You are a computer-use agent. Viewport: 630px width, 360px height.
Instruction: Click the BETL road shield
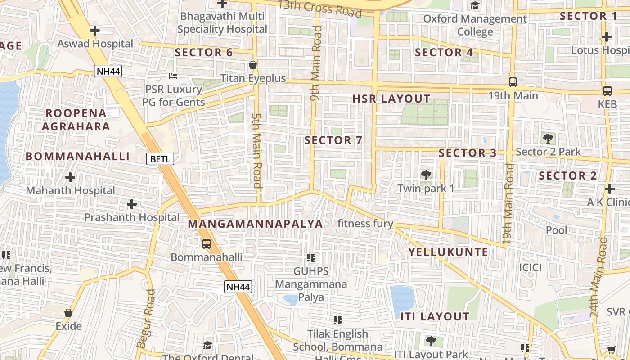[x=160, y=158]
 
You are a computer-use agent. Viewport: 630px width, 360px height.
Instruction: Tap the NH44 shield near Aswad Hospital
[x=108, y=71]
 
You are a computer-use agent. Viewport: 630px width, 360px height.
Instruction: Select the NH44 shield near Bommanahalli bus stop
[x=238, y=287]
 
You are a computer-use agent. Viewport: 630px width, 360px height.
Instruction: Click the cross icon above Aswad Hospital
[x=94, y=31]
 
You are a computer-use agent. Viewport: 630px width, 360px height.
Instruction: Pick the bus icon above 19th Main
[x=513, y=82]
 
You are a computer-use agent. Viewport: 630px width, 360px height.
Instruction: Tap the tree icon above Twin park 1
[x=425, y=175]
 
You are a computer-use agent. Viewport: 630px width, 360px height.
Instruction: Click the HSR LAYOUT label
[x=391, y=99]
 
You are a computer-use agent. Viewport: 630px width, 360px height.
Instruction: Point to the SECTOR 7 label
[x=333, y=140]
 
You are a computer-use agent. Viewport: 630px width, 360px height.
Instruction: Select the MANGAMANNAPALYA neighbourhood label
[x=255, y=224]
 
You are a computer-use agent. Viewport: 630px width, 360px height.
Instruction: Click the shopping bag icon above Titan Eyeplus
[x=253, y=65]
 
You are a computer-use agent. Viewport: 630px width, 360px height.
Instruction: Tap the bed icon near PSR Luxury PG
[x=173, y=76]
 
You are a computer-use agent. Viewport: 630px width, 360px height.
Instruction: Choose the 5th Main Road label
[x=256, y=151]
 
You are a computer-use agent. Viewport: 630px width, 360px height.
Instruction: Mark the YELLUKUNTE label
[x=448, y=252]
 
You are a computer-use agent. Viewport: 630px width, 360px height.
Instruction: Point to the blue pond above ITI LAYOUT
[x=402, y=299]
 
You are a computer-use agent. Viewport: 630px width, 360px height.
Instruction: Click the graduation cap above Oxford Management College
[x=475, y=5]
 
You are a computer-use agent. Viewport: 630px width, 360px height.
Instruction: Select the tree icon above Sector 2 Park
[x=548, y=138]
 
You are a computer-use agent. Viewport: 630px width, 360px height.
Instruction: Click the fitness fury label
[x=365, y=224]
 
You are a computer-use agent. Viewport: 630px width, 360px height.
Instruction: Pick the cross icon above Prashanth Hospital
[x=131, y=205]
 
